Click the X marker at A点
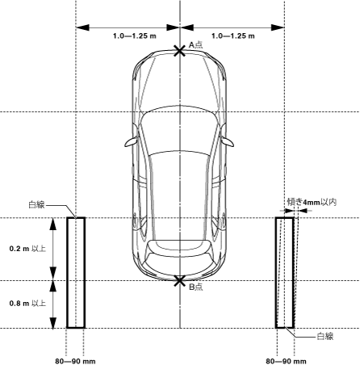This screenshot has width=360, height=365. point(179,51)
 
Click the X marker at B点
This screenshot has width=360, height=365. point(179,281)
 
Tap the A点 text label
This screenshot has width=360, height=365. point(195,44)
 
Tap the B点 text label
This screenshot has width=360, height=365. point(195,287)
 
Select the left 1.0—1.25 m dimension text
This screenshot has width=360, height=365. point(135,36)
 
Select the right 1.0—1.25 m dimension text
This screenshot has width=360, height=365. point(233,36)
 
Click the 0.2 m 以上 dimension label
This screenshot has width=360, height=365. point(27,249)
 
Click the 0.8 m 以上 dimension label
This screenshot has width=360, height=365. point(27,304)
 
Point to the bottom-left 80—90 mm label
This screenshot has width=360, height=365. point(75,361)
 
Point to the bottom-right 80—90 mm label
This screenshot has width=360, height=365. point(286,361)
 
